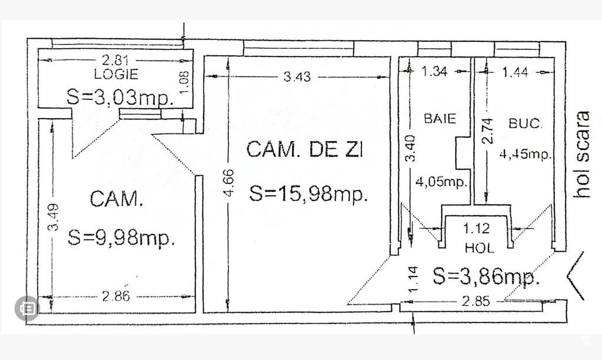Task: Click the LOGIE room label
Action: point(116,74)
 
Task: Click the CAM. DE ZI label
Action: point(305,150)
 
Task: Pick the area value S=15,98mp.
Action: point(309,194)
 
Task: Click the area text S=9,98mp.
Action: point(121,238)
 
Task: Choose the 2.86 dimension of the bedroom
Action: point(115,296)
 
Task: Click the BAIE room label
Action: point(440,118)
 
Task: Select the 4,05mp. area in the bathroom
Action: point(441,182)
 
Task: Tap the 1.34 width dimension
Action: point(435,72)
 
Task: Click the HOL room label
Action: point(479,248)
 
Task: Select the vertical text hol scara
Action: point(583,154)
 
